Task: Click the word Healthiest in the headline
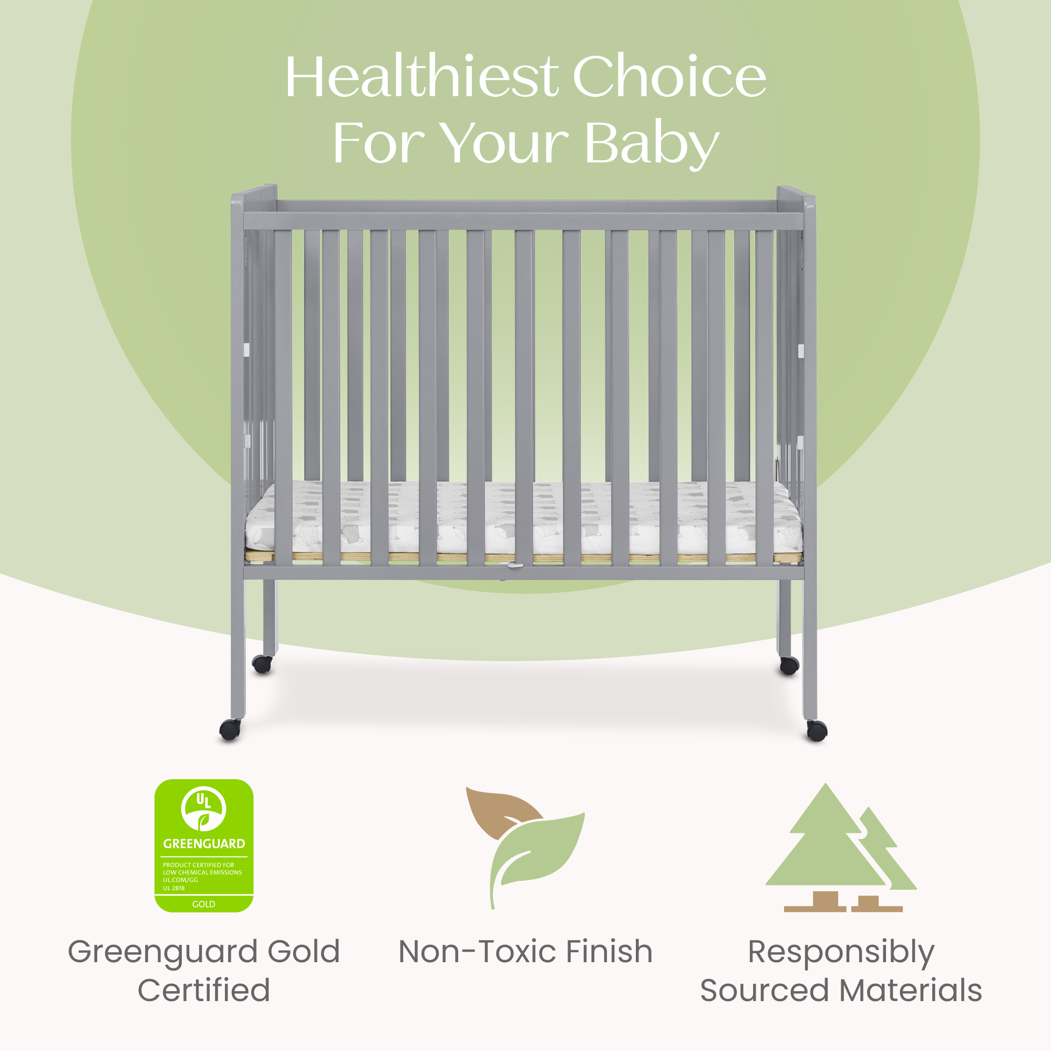click(x=421, y=77)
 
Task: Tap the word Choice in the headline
click(x=669, y=77)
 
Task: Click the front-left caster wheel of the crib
click(x=230, y=729)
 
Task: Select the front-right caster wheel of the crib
click(x=817, y=730)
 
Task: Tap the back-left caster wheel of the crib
click(x=262, y=664)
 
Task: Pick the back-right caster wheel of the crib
click(x=789, y=665)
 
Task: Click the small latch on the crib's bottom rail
click(x=514, y=566)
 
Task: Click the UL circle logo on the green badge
click(x=203, y=809)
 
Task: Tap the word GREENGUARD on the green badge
click(x=204, y=844)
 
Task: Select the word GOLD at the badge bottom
click(x=203, y=904)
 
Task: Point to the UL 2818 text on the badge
click(x=173, y=888)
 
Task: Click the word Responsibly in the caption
click(x=841, y=953)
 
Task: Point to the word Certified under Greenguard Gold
click(x=203, y=990)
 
